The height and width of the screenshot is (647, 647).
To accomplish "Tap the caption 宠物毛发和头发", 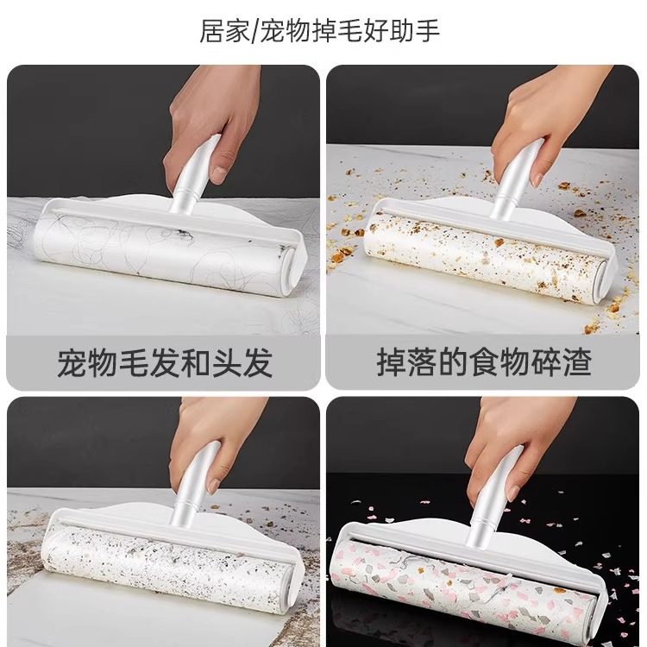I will coord(165,362).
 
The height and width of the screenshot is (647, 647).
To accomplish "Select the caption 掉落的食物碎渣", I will coord(484,362).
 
